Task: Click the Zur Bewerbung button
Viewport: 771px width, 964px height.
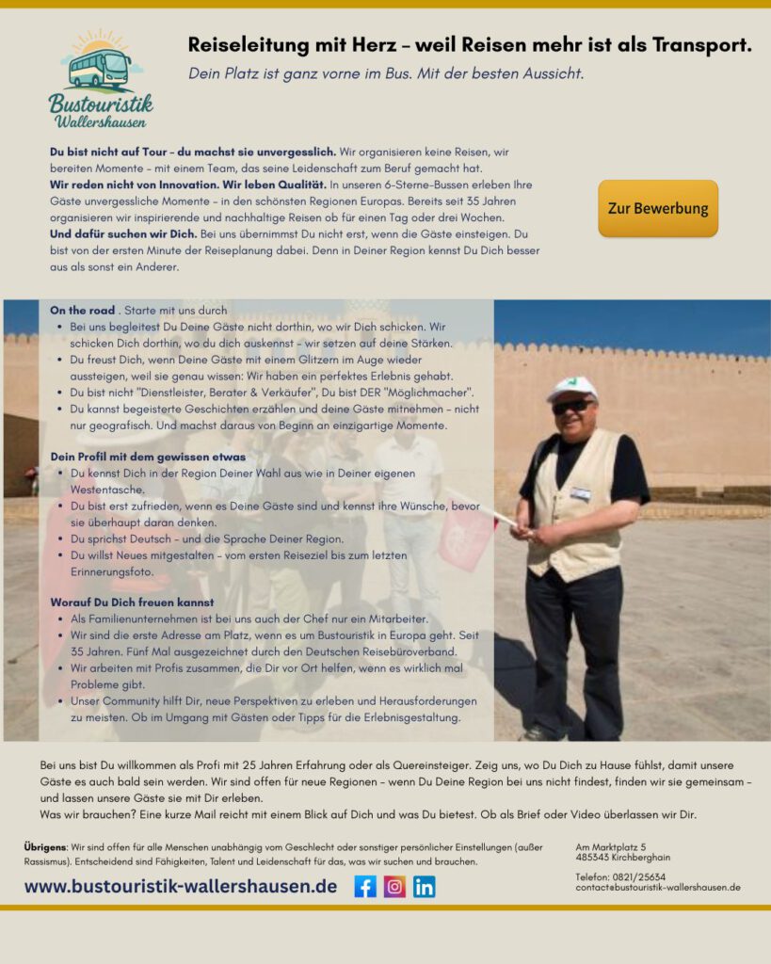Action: (x=657, y=208)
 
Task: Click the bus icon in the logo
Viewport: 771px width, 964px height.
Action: (x=100, y=68)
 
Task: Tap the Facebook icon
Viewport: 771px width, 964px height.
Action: (x=365, y=886)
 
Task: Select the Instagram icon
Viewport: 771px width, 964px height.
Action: (x=394, y=886)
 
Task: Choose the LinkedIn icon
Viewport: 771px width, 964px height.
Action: (x=424, y=886)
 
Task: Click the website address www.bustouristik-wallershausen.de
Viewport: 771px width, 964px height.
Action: (x=181, y=886)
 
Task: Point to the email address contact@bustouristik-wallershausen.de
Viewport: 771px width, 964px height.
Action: (x=657, y=887)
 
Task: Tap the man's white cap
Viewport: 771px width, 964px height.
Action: (x=572, y=387)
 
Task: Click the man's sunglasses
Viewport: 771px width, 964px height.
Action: (x=572, y=406)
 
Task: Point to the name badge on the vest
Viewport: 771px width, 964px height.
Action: (x=581, y=492)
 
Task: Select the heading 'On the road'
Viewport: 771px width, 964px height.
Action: (x=83, y=310)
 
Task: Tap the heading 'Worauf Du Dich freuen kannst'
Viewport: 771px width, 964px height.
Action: (x=132, y=602)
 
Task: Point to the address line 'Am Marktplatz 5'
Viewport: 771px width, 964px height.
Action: (x=610, y=847)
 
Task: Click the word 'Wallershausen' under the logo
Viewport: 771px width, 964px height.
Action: (x=100, y=121)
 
